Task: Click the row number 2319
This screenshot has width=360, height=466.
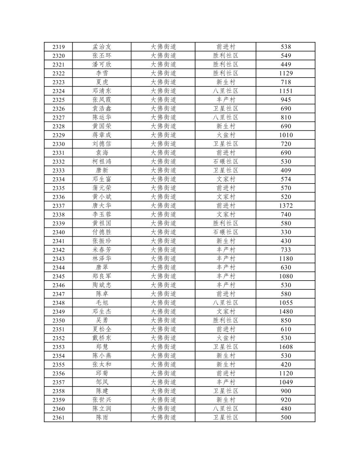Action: click(x=58, y=47)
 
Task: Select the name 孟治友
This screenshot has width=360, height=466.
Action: click(x=102, y=47)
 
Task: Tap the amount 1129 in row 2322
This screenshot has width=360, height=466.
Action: click(x=286, y=73)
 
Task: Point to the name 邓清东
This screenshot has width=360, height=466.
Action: click(x=102, y=91)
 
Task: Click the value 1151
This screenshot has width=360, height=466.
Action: click(x=286, y=91)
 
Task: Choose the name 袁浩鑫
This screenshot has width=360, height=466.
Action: click(x=102, y=109)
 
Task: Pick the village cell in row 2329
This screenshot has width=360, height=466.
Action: click(x=225, y=135)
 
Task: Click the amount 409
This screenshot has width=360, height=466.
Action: click(x=286, y=170)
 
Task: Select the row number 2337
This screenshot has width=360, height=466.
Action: click(x=58, y=206)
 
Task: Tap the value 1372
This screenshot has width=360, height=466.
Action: click(x=286, y=206)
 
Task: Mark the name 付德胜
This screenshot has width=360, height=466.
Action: click(x=102, y=232)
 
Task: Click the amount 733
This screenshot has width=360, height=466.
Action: click(x=286, y=250)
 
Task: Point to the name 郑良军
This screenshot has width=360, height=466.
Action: click(x=102, y=276)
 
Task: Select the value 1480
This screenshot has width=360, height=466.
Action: click(x=286, y=312)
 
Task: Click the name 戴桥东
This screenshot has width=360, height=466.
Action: click(x=102, y=338)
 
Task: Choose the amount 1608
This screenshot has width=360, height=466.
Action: click(x=286, y=347)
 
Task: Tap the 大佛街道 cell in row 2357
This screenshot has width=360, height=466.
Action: click(x=163, y=382)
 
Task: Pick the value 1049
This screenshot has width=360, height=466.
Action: click(x=286, y=382)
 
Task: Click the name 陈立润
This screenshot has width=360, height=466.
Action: click(x=102, y=409)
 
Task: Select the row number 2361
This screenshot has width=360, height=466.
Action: click(x=58, y=417)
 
